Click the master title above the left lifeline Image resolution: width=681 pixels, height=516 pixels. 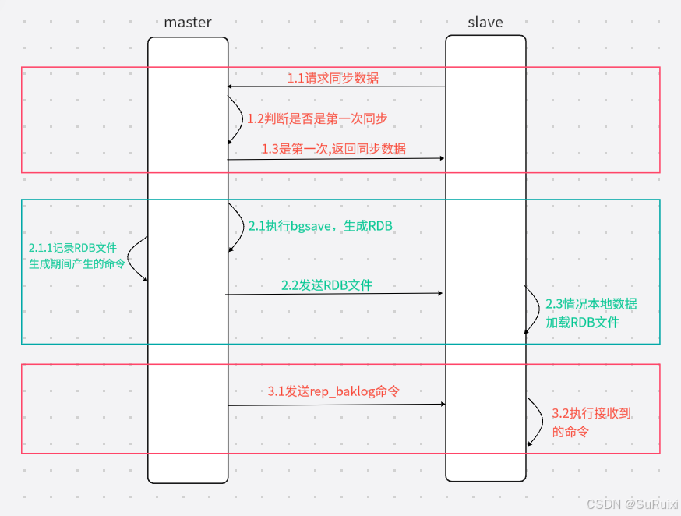click(188, 22)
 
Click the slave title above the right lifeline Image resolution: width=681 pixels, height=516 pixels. click(485, 22)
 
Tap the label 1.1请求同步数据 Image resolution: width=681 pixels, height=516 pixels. click(333, 78)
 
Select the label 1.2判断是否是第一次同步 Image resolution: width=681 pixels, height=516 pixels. click(317, 119)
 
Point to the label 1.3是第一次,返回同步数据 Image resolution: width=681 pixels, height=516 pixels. click(333, 149)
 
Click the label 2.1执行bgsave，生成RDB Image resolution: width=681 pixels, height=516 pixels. click(319, 226)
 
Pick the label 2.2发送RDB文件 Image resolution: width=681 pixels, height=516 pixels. click(326, 285)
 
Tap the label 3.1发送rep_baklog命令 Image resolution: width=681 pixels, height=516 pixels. click(333, 392)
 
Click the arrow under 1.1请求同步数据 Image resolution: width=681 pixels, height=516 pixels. click(336, 87)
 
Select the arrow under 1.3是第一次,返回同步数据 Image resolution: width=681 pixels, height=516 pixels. click(336, 158)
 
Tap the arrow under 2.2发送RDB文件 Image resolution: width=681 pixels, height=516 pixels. click(334, 294)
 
